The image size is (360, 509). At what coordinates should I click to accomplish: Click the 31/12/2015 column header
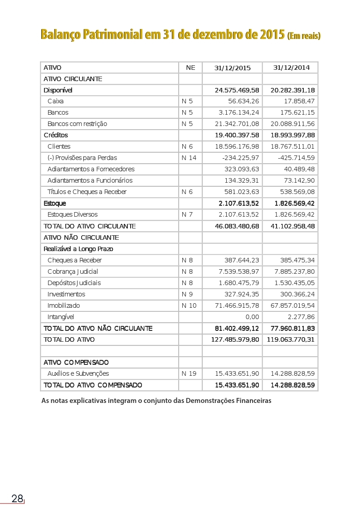[232, 68]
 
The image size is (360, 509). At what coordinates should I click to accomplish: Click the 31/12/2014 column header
[291, 68]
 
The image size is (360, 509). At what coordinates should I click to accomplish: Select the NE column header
[190, 68]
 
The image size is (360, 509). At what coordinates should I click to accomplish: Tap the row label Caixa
[55, 101]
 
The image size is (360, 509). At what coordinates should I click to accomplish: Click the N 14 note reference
[189, 158]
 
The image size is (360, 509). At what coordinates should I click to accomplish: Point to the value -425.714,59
[296, 158]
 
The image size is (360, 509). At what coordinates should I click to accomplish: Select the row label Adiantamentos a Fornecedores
[91, 169]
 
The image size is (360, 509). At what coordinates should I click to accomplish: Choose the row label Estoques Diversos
[72, 214]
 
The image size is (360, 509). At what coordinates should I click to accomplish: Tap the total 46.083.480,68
[237, 226]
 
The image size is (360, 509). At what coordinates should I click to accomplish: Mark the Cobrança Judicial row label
[73, 271]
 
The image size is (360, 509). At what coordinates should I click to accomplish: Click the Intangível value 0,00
[252, 317]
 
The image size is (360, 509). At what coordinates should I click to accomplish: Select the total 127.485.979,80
[235, 339]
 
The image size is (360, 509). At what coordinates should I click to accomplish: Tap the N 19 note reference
[189, 373]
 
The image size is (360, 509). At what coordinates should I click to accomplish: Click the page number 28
[17, 499]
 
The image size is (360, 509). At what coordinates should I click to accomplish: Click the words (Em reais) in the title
[304, 36]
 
